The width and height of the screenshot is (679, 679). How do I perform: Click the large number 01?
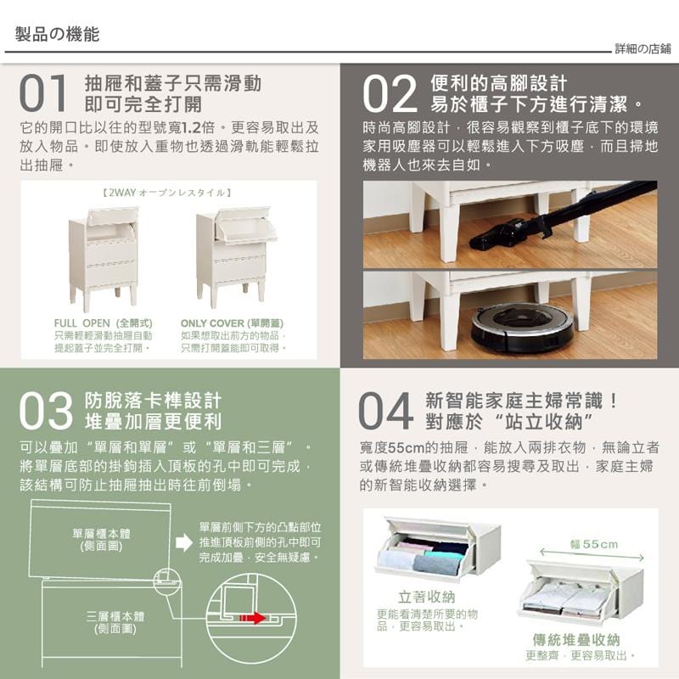pos(43,93)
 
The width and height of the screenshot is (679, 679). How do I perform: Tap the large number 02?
pos(390,93)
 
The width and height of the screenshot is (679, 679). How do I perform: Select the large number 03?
pos(46,411)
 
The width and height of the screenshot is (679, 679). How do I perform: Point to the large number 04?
pos(386,411)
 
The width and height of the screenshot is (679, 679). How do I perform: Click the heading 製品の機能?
pos(57,34)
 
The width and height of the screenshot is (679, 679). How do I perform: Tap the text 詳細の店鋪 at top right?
pos(643,49)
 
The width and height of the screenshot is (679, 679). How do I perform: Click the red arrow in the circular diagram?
pos(252,618)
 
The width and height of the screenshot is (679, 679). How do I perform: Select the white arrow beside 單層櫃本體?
pos(184,542)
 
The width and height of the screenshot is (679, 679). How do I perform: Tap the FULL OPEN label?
pos(103,323)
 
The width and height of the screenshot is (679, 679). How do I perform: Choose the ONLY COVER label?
pos(232,323)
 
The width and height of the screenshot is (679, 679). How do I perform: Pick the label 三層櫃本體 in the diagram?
pos(115,622)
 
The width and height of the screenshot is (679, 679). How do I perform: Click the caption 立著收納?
pos(427,598)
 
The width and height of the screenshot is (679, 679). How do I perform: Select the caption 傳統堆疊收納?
pos(576,640)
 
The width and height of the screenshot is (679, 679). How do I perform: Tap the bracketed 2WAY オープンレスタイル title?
pos(166,193)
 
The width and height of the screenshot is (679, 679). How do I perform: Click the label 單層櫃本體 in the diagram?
pos(101,540)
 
